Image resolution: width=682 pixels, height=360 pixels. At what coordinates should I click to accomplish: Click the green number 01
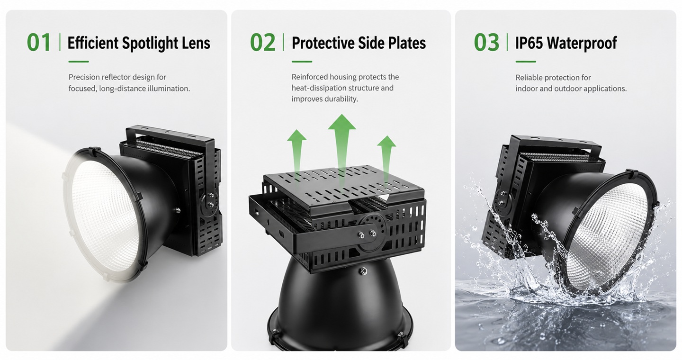point(39,42)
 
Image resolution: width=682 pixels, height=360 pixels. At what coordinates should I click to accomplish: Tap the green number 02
point(262,42)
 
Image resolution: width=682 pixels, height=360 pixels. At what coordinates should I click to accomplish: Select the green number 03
point(486,42)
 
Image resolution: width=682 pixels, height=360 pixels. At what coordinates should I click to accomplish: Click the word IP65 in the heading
point(529,43)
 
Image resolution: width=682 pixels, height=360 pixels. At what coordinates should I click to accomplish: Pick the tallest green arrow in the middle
point(342,149)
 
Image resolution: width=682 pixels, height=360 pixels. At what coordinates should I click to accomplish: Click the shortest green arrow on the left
point(296,155)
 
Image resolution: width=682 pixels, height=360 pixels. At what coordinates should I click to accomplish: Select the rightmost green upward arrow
point(386,158)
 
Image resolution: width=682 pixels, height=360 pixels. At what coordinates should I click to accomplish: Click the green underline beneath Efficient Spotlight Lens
point(79,62)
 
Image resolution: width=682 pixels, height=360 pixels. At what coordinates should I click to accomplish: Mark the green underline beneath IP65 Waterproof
point(526,62)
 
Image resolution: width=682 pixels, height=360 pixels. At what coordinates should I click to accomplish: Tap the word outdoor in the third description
point(566,89)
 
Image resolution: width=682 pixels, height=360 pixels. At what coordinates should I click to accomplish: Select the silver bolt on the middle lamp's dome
point(364,271)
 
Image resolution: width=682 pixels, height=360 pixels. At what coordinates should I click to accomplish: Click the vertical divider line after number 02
point(283,42)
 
